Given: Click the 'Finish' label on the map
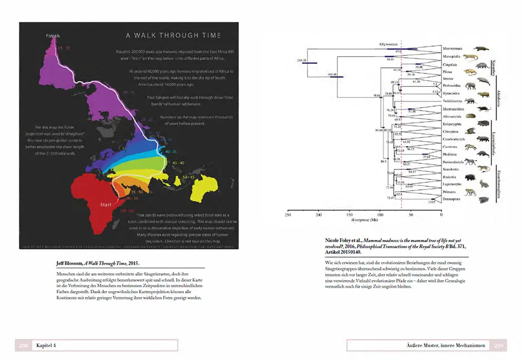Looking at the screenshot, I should [52, 36].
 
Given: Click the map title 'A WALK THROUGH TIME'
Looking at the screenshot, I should [173, 36].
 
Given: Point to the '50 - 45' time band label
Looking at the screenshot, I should [188, 176].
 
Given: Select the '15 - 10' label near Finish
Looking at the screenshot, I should [64, 48].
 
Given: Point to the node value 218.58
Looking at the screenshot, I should [302, 59].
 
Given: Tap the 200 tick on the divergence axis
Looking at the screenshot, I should [319, 214].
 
